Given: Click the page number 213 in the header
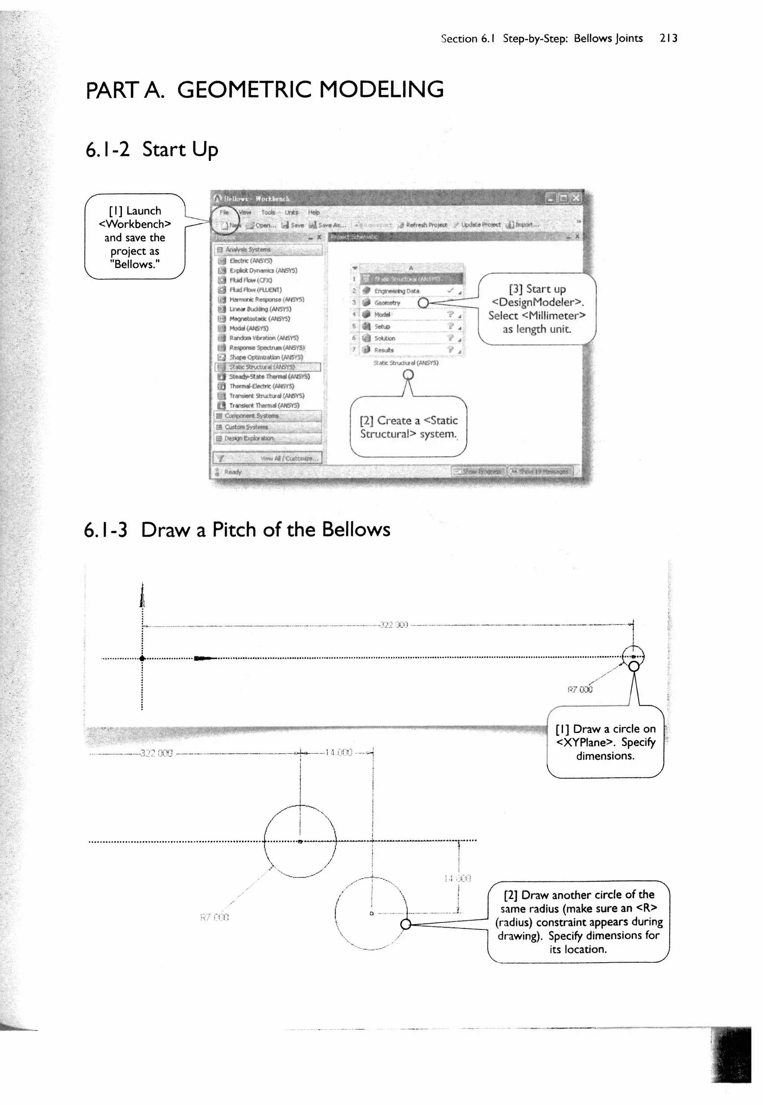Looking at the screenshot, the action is point(668,38).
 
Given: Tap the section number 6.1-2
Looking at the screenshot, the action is point(108,150).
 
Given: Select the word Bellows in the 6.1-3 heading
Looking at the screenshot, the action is point(356,530).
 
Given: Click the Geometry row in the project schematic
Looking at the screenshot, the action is point(387,303).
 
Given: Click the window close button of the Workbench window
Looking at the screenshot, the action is point(576,198).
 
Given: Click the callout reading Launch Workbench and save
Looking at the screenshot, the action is point(135,237).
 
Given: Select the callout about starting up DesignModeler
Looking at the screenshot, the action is point(537,309).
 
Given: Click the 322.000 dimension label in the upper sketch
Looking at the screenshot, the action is point(393,625).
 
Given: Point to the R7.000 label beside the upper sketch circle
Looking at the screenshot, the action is point(579,689).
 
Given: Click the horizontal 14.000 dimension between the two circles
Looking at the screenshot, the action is point(339,752).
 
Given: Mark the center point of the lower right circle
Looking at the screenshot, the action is point(371,914).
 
